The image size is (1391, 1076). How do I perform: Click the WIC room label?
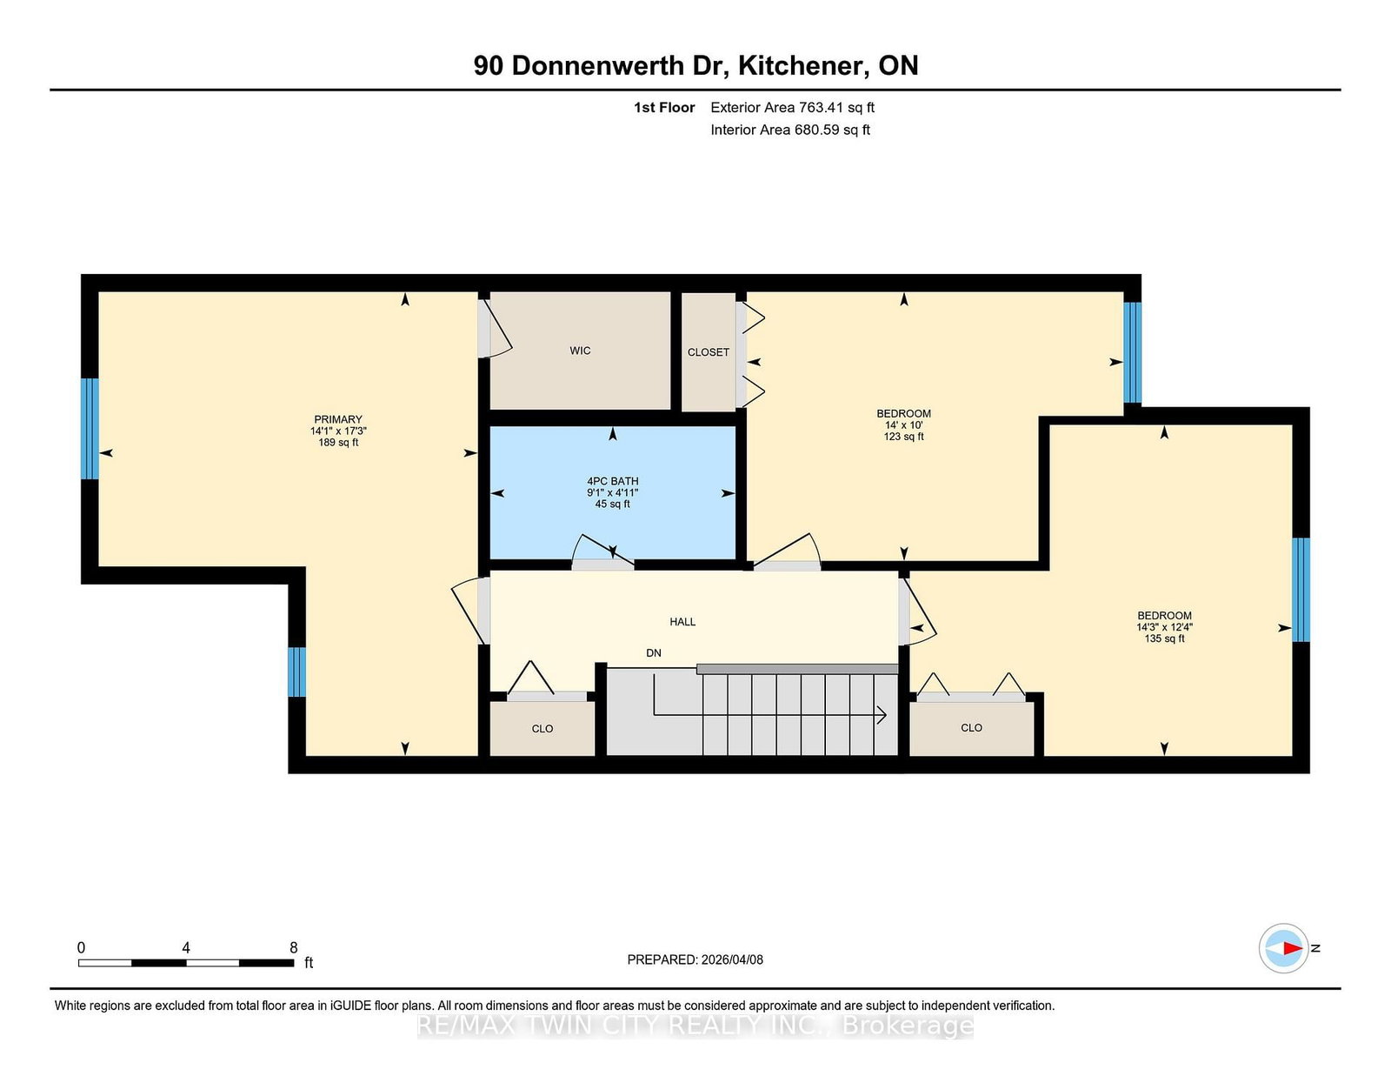[x=580, y=351]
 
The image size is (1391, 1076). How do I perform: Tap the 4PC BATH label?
[x=613, y=481]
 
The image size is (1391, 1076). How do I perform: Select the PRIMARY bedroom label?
[x=338, y=419]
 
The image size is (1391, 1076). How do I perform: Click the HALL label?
[x=682, y=621]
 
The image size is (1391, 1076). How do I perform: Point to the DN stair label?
[x=654, y=652]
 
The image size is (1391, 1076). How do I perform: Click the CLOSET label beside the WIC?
[x=708, y=352]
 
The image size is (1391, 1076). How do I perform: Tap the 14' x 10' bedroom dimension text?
[x=904, y=424]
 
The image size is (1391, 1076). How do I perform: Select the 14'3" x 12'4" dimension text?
[x=1164, y=627]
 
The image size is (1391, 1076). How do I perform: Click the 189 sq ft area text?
[x=338, y=443]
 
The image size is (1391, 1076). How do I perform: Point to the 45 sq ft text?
[x=613, y=504]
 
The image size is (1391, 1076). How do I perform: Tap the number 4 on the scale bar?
[x=186, y=947]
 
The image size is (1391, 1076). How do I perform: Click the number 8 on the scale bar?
[x=294, y=947]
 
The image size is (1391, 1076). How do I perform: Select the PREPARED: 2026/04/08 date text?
[x=695, y=959]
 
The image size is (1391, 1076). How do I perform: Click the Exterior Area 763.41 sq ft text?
[x=793, y=108]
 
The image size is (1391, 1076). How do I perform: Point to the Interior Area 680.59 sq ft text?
[x=790, y=130]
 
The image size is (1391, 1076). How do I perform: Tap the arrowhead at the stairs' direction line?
[x=882, y=715]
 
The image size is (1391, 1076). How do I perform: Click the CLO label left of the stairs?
[x=542, y=729]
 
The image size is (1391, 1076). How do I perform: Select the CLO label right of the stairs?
[x=971, y=727]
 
